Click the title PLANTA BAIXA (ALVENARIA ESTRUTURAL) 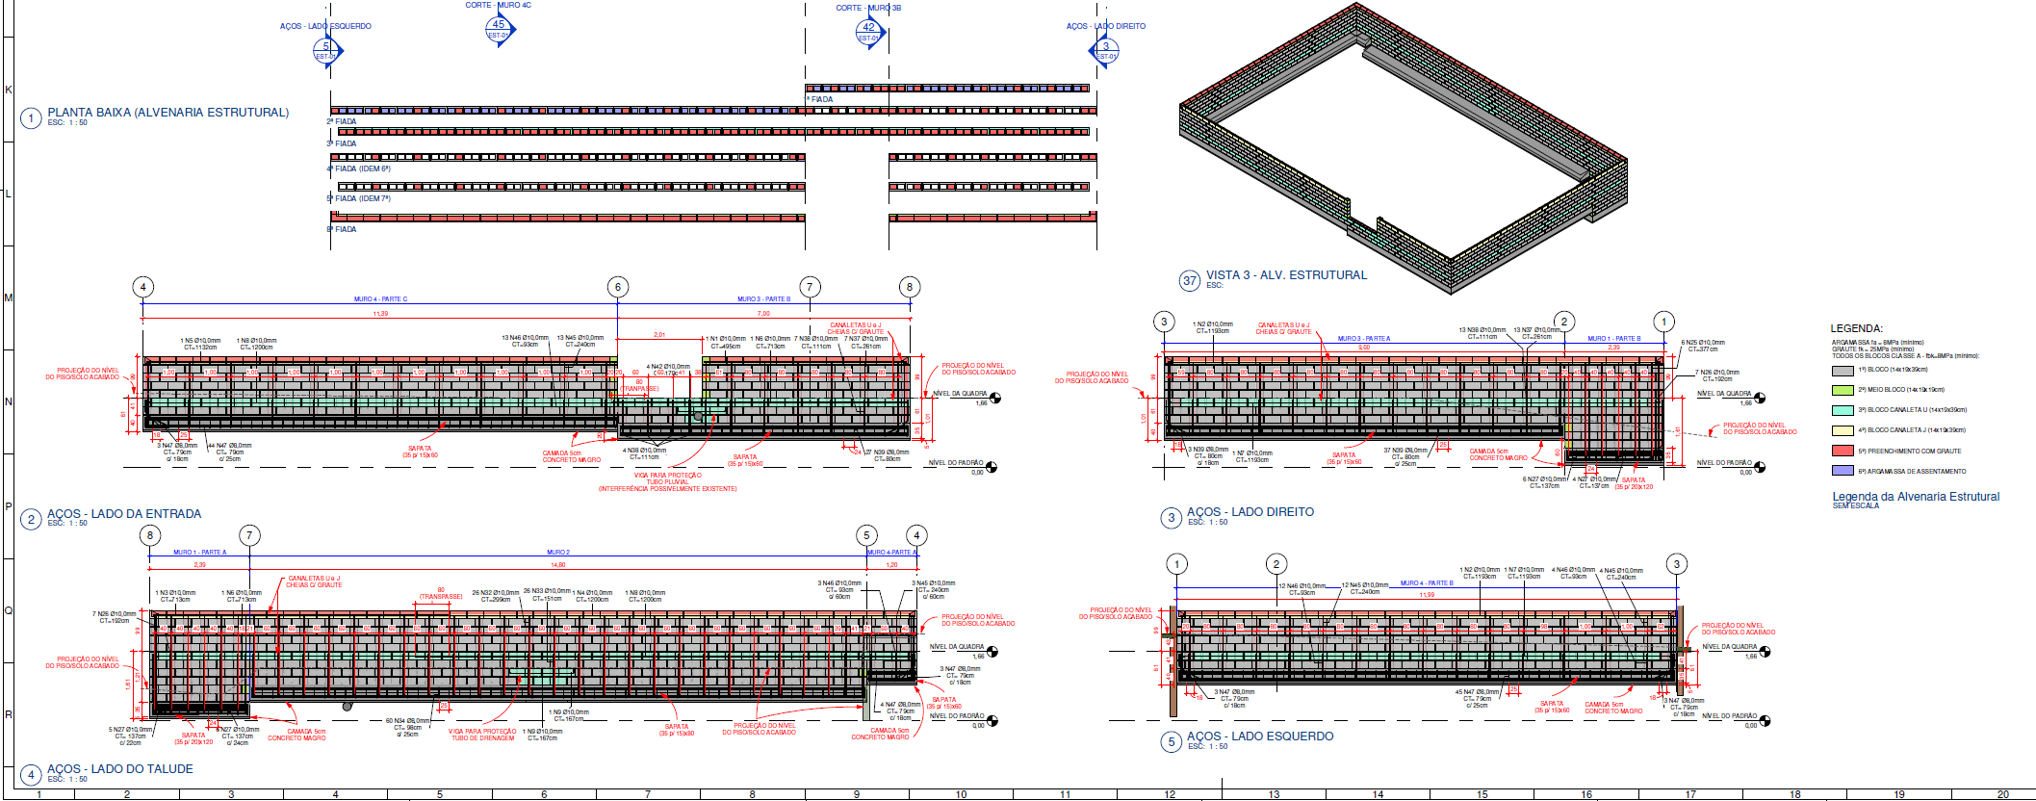coord(168,113)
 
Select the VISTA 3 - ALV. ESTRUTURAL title coord(1286,275)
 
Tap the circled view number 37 coord(1190,280)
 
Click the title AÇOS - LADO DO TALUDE coord(120,769)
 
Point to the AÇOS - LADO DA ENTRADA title coord(124,514)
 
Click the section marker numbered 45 coord(498,28)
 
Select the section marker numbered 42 coord(868,31)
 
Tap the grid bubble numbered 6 coord(618,287)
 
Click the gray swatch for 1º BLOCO coord(1843,371)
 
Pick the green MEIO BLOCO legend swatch coord(1843,391)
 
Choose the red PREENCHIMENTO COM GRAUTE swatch coord(1843,452)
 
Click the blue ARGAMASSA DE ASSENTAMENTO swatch coord(1843,472)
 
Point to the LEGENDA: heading coord(1856,328)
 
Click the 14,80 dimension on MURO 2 coord(557,565)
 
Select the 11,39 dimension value coord(380,314)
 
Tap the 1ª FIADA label coord(820,99)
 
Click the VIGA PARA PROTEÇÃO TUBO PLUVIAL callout coord(667,478)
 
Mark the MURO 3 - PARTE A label coord(1363,339)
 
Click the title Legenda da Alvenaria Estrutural coord(1915,497)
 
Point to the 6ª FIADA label coord(342,229)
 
